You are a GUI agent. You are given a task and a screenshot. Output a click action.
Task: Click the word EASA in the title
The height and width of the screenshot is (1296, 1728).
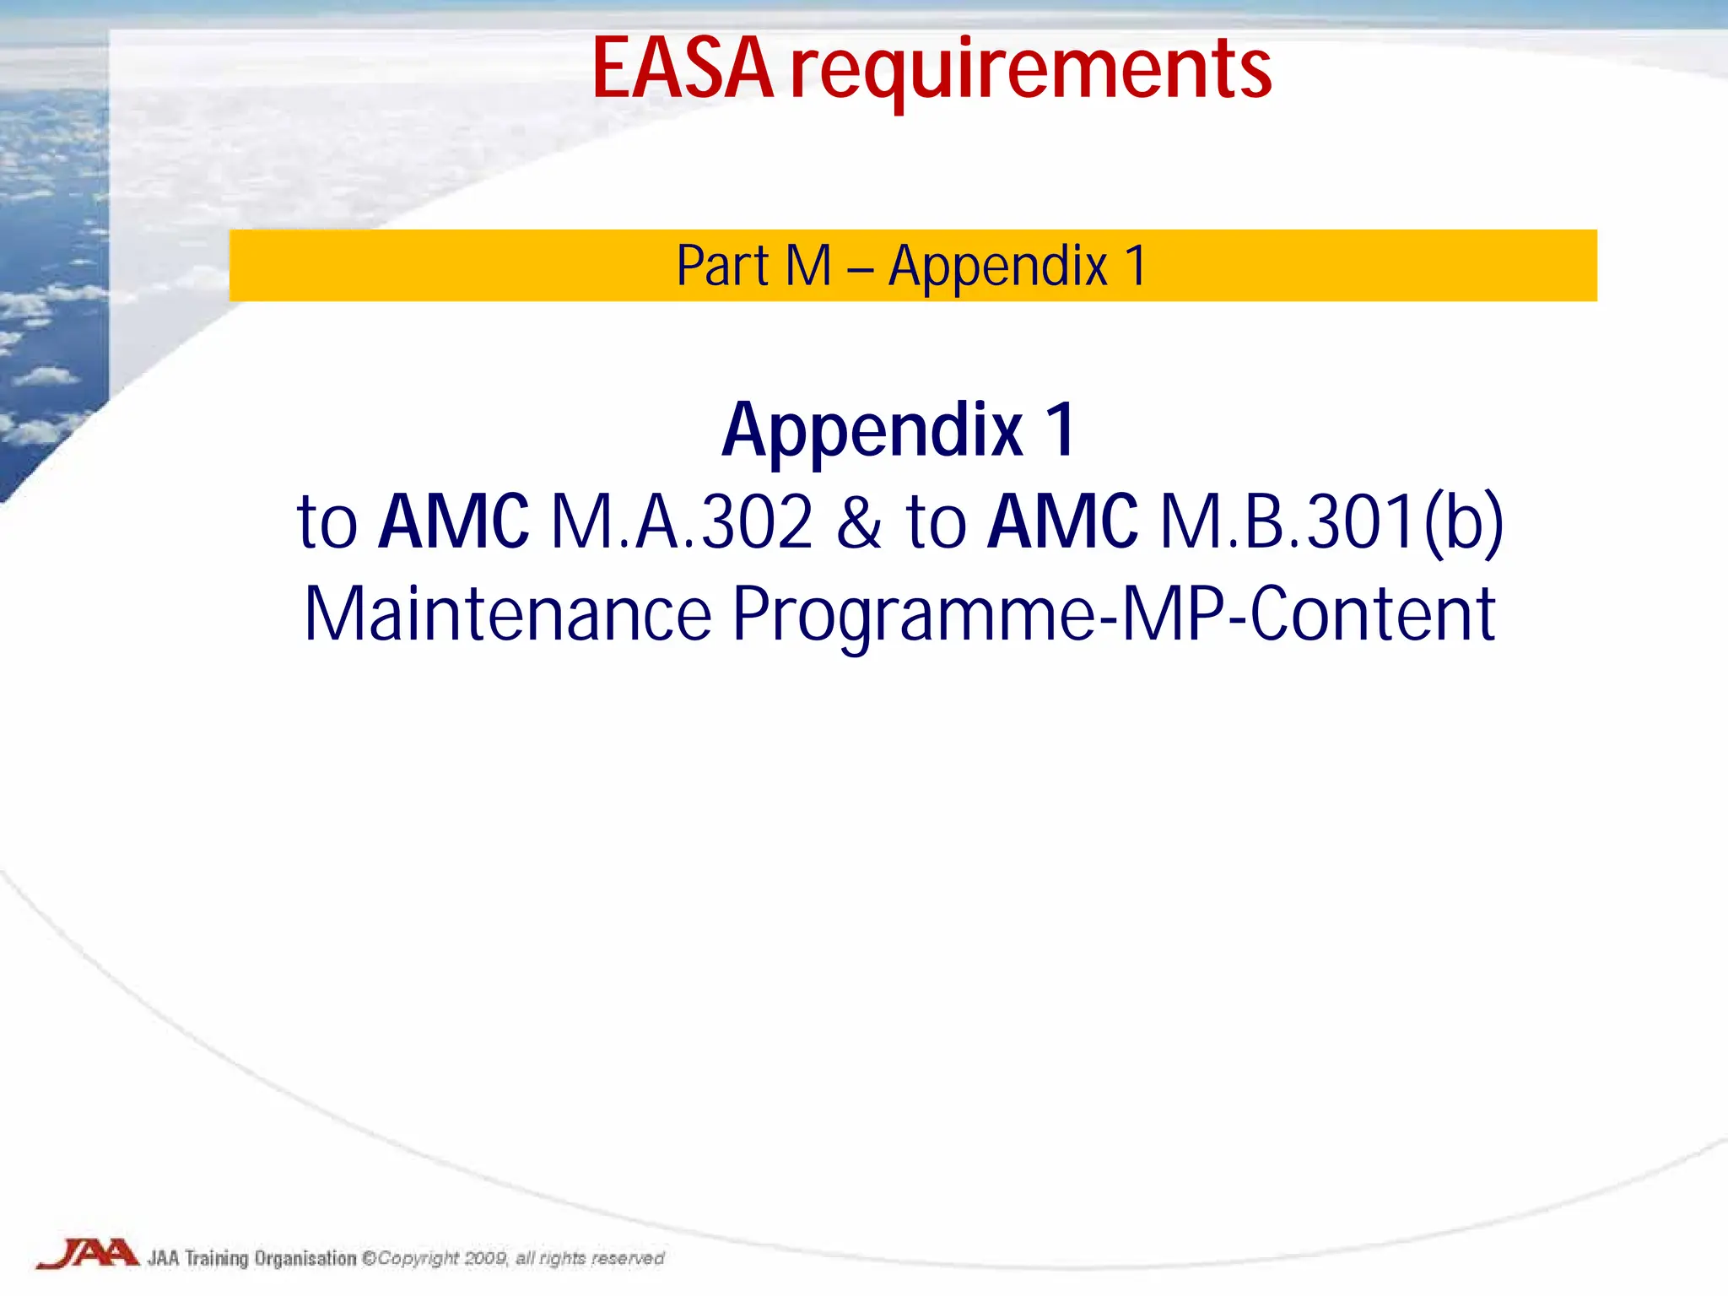click(x=682, y=69)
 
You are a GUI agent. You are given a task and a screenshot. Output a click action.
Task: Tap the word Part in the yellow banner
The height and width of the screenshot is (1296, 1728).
click(x=722, y=267)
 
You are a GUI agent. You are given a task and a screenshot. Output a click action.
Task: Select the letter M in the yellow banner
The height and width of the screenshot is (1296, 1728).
click(x=807, y=267)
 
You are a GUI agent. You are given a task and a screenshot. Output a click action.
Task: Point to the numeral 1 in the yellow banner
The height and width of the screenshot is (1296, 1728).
click(x=1136, y=267)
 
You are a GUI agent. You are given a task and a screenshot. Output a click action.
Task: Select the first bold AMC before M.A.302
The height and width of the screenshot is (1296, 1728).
click(x=453, y=522)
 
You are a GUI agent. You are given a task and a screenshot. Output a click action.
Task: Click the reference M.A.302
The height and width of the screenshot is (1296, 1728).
click(x=682, y=522)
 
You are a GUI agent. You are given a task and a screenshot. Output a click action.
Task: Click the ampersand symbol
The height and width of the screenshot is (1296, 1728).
click(x=858, y=522)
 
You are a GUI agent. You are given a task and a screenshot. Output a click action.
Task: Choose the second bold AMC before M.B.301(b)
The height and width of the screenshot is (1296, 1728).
click(x=1062, y=522)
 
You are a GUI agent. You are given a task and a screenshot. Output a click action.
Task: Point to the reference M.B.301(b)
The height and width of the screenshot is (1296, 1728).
click(x=1331, y=522)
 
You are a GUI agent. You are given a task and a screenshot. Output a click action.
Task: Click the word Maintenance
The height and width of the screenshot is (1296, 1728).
click(x=508, y=614)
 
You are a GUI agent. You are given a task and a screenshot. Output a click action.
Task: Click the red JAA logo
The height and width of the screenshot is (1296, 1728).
click(x=88, y=1254)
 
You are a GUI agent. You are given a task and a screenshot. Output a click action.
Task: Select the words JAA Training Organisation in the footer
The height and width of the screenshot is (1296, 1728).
click(x=251, y=1258)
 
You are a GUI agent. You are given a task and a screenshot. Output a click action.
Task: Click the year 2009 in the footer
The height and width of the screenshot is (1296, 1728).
click(x=486, y=1258)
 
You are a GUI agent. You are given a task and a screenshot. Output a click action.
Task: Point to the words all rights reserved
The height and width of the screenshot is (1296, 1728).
click(x=590, y=1258)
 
